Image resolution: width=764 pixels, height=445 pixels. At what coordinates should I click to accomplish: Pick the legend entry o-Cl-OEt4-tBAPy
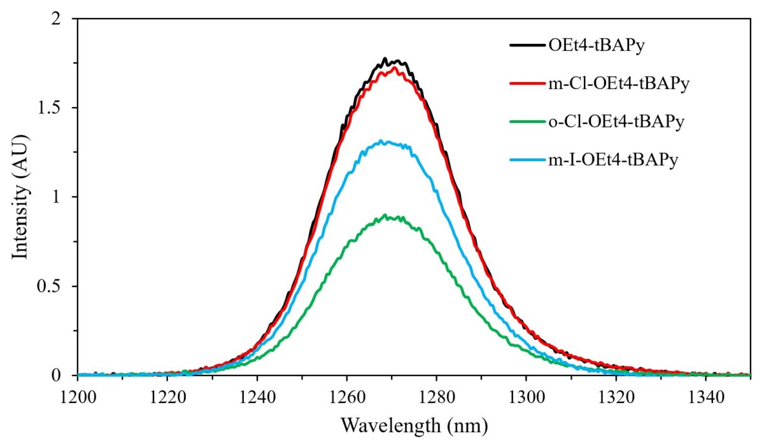pyautogui.click(x=615, y=122)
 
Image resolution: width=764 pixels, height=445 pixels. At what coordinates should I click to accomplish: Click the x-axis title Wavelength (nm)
pyautogui.click(x=414, y=424)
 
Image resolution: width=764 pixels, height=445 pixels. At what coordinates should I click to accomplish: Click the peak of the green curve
pyautogui.click(x=385, y=215)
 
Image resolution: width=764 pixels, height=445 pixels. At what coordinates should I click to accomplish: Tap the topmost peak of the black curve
pyautogui.click(x=385, y=58)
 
